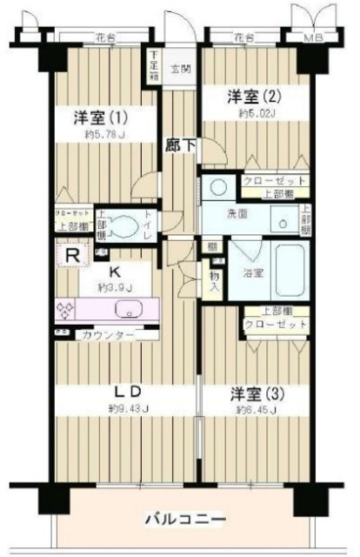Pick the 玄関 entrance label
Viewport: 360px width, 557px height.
point(180,68)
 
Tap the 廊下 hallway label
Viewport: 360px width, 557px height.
point(179,148)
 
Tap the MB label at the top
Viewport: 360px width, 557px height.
point(310,38)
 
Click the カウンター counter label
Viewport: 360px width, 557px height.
point(109,335)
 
